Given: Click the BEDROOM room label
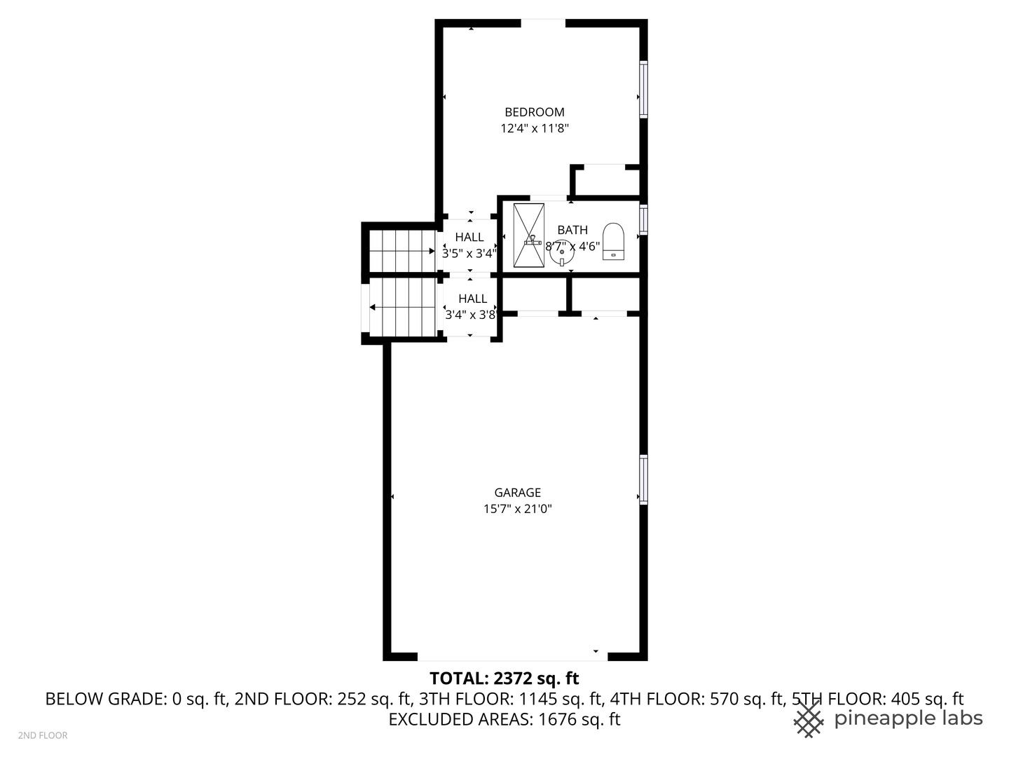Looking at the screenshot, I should (535, 112).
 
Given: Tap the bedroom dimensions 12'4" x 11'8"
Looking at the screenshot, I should (535, 128).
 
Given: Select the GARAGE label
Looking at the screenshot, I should (518, 493).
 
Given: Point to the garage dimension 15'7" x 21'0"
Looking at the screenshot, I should (518, 509).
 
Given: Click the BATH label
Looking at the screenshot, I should (572, 230).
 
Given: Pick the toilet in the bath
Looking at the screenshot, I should (613, 241).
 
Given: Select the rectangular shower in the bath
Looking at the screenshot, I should (528, 236).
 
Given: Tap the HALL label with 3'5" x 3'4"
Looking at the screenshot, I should (469, 238).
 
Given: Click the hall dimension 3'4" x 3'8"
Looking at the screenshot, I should (471, 315).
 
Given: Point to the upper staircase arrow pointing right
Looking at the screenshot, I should (432, 251).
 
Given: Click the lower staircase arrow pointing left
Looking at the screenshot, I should (373, 308).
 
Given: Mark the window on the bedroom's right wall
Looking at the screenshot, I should (643, 89).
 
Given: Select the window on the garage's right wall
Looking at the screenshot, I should (643, 479).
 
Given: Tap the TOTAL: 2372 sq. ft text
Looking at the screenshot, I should (504, 678).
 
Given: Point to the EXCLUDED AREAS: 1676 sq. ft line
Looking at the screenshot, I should (504, 719).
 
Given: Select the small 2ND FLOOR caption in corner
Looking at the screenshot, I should (43, 735).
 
